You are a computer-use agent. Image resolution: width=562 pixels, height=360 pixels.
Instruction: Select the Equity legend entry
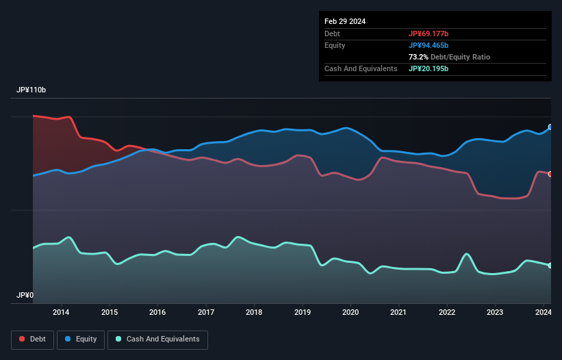click(x=81, y=339)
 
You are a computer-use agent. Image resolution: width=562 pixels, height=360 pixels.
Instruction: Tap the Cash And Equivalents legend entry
click(x=157, y=339)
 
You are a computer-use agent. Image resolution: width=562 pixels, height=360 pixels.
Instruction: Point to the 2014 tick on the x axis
click(x=61, y=313)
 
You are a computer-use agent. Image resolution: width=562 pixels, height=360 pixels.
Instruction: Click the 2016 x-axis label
click(x=157, y=313)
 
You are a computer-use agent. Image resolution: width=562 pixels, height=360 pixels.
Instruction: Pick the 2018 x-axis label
click(x=254, y=313)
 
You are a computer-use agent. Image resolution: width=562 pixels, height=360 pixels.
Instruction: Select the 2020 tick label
click(x=350, y=313)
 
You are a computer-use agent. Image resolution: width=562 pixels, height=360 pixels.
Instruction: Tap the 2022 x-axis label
click(x=447, y=313)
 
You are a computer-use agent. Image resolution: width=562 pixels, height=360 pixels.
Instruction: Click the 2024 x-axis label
click(x=543, y=313)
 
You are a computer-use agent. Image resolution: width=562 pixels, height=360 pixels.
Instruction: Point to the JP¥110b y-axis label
click(x=31, y=90)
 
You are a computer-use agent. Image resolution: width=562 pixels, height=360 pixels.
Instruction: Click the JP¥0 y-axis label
click(x=25, y=295)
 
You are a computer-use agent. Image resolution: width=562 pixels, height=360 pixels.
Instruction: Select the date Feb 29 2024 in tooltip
click(x=345, y=21)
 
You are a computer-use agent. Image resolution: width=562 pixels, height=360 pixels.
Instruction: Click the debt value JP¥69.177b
click(x=429, y=34)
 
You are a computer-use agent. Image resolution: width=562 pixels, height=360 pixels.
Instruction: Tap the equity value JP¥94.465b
click(x=429, y=45)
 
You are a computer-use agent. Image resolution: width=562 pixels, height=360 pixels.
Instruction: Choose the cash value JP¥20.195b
click(x=429, y=68)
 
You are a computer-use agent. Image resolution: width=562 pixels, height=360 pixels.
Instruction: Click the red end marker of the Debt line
click(x=550, y=174)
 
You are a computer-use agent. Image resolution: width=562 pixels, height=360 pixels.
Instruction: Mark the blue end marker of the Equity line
click(x=550, y=127)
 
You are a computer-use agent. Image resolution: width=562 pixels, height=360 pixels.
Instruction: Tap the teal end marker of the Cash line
click(x=550, y=266)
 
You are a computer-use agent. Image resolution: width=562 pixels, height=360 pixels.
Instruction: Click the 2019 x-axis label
click(x=302, y=313)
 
